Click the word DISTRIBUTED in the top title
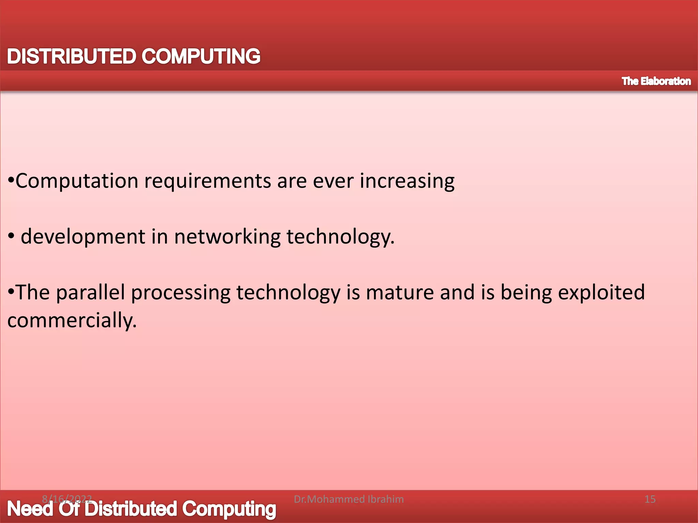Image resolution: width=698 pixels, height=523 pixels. (x=71, y=56)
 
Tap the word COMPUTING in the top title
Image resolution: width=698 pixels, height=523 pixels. (x=201, y=56)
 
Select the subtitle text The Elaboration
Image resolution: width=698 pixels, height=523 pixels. (x=656, y=81)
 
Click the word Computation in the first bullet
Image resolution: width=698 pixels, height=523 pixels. (x=77, y=181)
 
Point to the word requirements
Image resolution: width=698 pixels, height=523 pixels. (x=208, y=181)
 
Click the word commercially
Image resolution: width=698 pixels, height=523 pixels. (x=72, y=321)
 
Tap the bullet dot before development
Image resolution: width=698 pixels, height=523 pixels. (x=11, y=236)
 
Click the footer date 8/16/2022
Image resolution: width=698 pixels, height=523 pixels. (x=67, y=499)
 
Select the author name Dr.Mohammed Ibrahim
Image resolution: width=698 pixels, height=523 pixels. (x=349, y=499)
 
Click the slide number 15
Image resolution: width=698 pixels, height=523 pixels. (x=650, y=499)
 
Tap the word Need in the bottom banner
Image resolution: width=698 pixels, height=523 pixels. (x=30, y=509)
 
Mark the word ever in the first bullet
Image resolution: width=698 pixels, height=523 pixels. (x=333, y=181)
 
